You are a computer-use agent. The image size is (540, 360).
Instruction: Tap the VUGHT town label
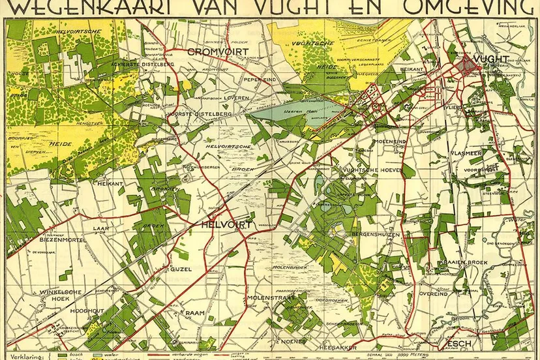click(491, 59)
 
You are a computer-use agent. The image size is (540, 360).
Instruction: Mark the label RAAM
click(195, 313)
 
